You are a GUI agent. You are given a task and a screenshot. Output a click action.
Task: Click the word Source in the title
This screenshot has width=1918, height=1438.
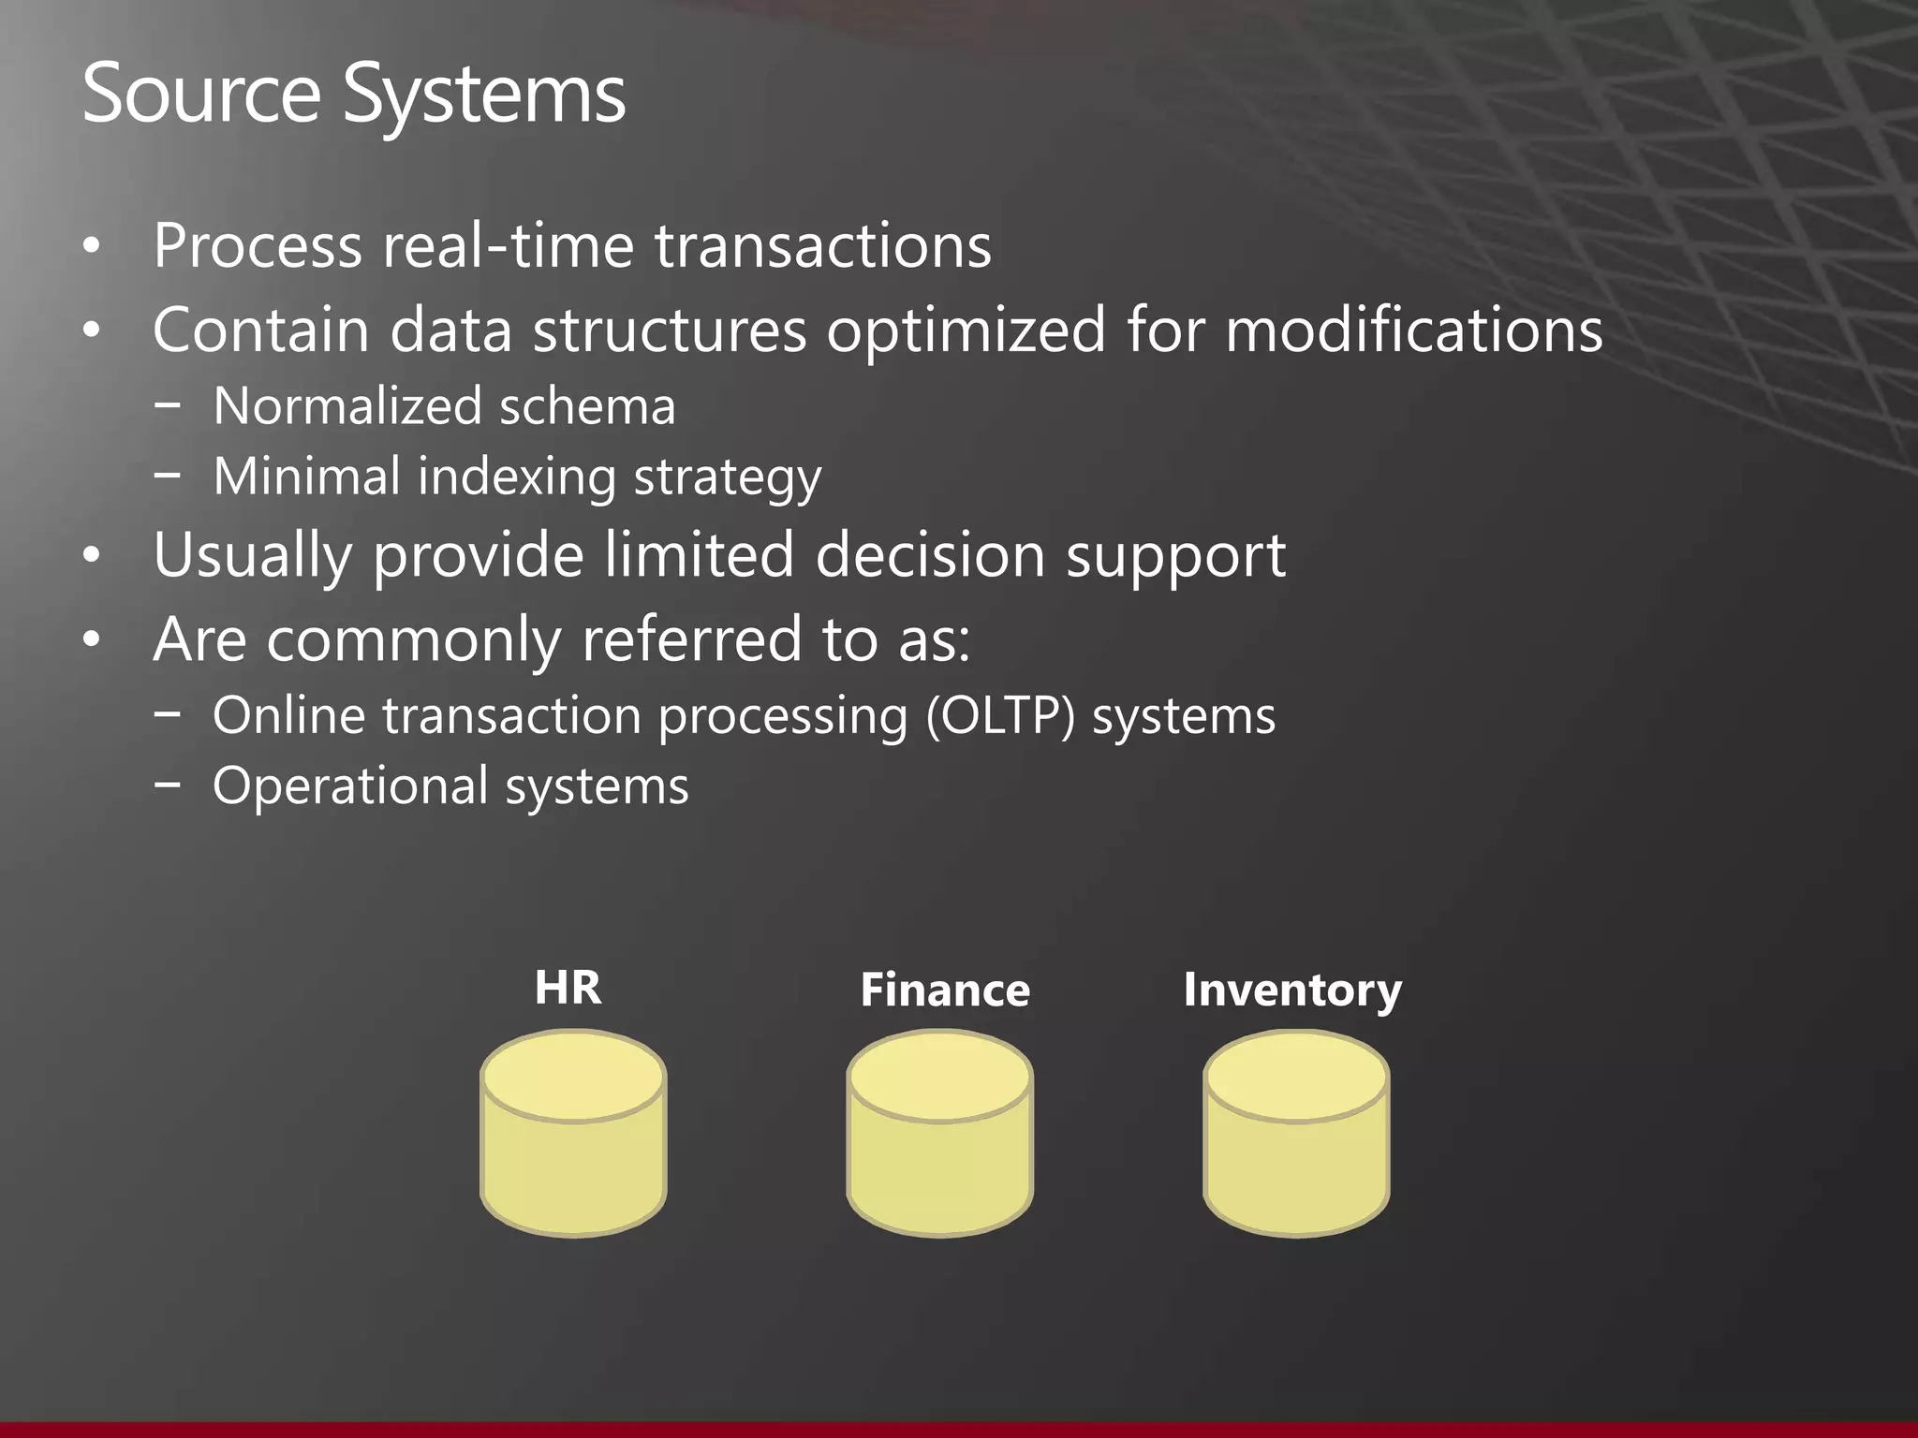click(200, 94)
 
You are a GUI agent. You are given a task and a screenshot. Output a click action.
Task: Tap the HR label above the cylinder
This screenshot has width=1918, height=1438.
click(568, 988)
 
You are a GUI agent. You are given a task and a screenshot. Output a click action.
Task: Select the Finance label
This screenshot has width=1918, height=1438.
click(944, 990)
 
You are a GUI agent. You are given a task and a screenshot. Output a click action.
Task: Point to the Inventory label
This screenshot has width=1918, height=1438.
click(1292, 990)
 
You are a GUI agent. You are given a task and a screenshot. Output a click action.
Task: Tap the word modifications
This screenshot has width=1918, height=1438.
click(1414, 330)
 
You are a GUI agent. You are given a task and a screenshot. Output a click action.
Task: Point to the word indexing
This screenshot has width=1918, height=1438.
click(516, 477)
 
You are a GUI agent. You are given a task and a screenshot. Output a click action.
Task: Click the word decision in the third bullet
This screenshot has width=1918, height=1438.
click(929, 555)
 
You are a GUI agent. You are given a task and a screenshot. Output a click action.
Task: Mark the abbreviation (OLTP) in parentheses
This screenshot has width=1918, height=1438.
click(1000, 716)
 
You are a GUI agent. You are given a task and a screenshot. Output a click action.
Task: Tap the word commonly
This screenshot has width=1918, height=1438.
click(413, 641)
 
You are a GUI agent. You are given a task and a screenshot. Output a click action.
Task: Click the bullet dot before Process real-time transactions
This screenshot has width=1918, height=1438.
click(91, 247)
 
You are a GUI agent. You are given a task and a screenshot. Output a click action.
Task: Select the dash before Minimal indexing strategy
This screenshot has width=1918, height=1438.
click(168, 474)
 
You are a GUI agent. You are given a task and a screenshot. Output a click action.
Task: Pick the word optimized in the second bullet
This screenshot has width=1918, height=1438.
click(966, 332)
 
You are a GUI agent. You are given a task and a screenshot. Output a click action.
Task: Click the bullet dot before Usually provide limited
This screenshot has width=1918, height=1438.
click(91, 556)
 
